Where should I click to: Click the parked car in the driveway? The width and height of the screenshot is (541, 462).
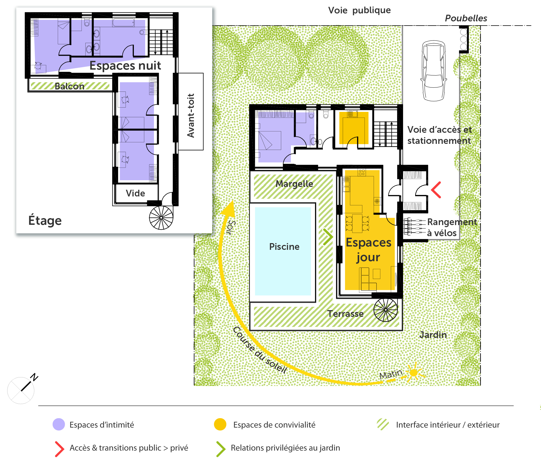point(433,70)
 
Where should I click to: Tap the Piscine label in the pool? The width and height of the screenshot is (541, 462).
point(284,247)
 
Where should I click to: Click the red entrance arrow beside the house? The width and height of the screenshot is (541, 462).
point(436,190)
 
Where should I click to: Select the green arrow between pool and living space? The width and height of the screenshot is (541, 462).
point(328,237)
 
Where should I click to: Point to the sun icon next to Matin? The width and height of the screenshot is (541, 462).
point(414,373)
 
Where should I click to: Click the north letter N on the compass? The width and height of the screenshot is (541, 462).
point(34,377)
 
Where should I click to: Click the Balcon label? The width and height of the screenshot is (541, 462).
point(69,86)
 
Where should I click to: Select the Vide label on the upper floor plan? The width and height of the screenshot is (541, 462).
point(135,193)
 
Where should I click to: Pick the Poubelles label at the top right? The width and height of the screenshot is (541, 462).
point(466,18)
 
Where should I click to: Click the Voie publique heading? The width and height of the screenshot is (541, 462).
point(359,10)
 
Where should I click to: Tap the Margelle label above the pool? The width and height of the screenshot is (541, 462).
point(294,184)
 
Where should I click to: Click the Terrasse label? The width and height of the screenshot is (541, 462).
point(345,313)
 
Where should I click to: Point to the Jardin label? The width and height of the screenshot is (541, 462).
point(433,335)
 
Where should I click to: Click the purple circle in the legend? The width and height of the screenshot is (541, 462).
point(59,424)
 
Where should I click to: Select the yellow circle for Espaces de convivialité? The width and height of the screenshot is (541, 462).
point(220,424)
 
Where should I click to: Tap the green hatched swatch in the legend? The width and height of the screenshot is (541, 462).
point(383,424)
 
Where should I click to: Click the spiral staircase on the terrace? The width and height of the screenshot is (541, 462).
point(386,310)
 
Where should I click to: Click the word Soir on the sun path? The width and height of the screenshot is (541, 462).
point(231,227)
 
